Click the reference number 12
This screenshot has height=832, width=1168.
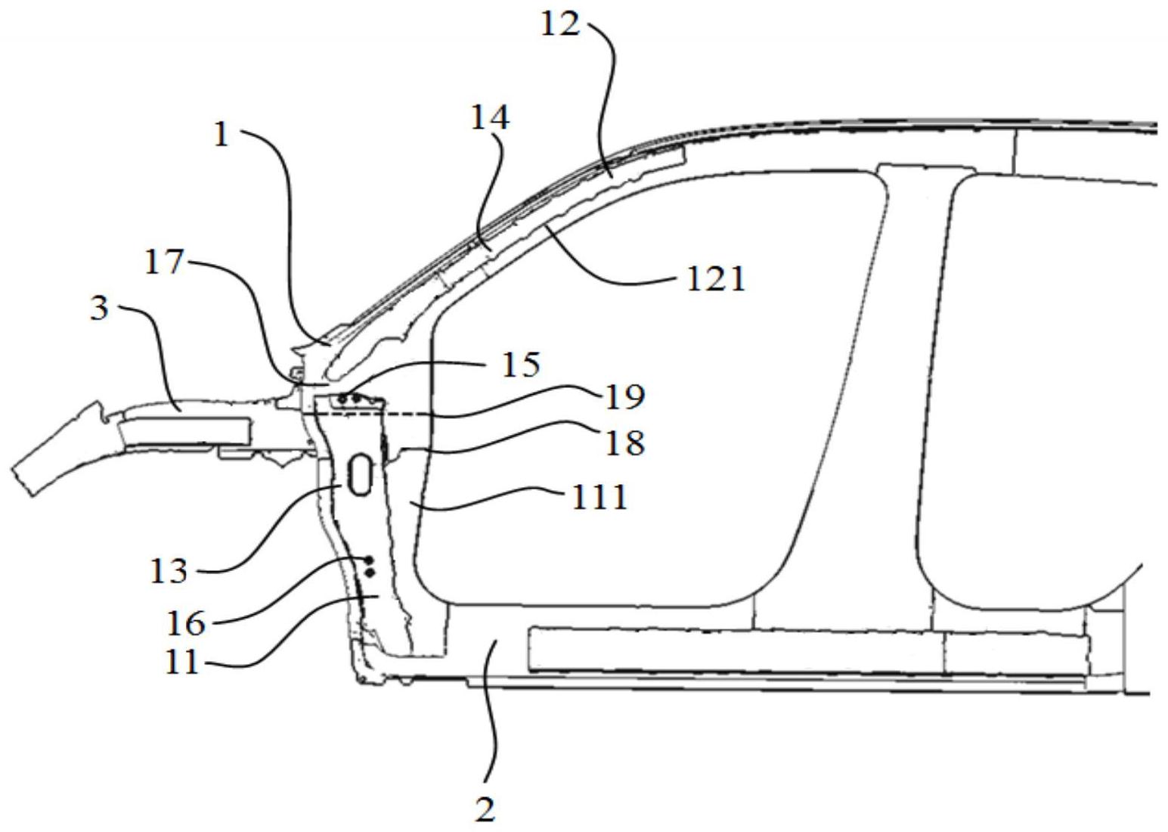[x=560, y=24]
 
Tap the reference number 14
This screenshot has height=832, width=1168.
[x=489, y=118]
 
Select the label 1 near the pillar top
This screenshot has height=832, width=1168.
[x=221, y=135]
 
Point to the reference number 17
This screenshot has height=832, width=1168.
[x=164, y=262]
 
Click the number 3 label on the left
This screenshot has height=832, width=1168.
[x=99, y=309]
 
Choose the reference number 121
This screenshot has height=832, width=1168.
[x=715, y=280]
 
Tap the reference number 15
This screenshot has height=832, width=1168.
[x=521, y=364]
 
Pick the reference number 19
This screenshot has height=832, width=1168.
[x=624, y=396]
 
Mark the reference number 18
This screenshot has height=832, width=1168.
[x=624, y=442]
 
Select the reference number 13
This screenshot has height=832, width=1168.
[x=168, y=570]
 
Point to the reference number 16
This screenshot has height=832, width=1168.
[x=185, y=623]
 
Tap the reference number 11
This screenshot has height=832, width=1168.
[x=181, y=663]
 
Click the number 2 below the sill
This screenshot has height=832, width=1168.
[x=485, y=810]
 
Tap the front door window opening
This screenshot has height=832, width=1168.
[x=650, y=386]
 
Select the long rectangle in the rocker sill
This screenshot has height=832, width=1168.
[x=809, y=649]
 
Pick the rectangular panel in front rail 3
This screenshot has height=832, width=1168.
[x=185, y=430]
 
